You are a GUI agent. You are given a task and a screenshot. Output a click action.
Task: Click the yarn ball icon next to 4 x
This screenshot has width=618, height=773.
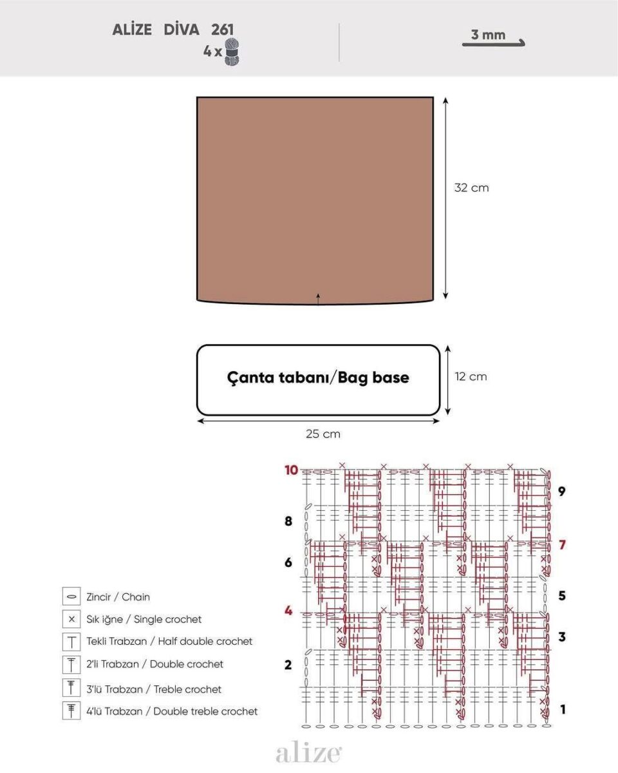click(x=232, y=52)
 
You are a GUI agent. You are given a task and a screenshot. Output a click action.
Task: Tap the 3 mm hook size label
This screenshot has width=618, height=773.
click(x=488, y=35)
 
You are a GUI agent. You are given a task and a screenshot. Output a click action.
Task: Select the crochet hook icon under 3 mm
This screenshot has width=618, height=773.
click(x=493, y=43)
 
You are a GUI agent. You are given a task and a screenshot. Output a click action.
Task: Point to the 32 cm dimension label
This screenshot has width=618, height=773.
click(x=471, y=188)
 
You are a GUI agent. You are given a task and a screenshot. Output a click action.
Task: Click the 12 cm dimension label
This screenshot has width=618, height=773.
click(x=471, y=376)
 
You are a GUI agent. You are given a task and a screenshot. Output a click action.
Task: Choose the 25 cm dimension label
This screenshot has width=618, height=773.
click(x=323, y=434)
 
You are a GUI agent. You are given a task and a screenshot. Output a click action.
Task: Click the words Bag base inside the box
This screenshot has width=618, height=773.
click(x=373, y=378)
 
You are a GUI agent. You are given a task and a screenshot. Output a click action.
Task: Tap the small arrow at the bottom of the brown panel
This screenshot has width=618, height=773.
click(x=318, y=299)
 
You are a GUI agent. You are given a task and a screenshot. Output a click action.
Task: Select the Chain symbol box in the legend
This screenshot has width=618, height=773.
click(x=71, y=597)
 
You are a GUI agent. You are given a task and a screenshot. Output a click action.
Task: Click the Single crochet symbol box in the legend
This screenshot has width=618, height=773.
click(x=71, y=619)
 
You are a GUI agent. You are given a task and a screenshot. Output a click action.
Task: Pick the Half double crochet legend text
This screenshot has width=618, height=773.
click(x=169, y=641)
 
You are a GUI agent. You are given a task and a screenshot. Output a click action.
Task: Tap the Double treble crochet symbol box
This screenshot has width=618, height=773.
click(x=71, y=711)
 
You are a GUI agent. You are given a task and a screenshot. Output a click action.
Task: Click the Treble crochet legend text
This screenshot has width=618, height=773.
click(x=154, y=689)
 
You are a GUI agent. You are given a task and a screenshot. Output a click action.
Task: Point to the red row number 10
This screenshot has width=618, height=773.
click(x=291, y=470)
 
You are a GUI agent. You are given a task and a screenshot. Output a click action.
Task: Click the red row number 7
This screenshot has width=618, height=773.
click(x=562, y=544)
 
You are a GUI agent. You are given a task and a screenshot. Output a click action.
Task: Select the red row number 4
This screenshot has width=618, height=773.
click(x=288, y=611)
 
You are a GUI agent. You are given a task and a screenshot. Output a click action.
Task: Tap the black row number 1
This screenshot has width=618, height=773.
click(x=563, y=709)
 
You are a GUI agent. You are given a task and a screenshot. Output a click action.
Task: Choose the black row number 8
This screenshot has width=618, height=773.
click(x=288, y=521)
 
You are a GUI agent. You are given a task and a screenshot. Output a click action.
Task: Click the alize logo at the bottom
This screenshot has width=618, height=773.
click(x=309, y=753)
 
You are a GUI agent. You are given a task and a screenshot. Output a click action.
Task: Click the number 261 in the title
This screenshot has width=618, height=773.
click(x=222, y=30)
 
